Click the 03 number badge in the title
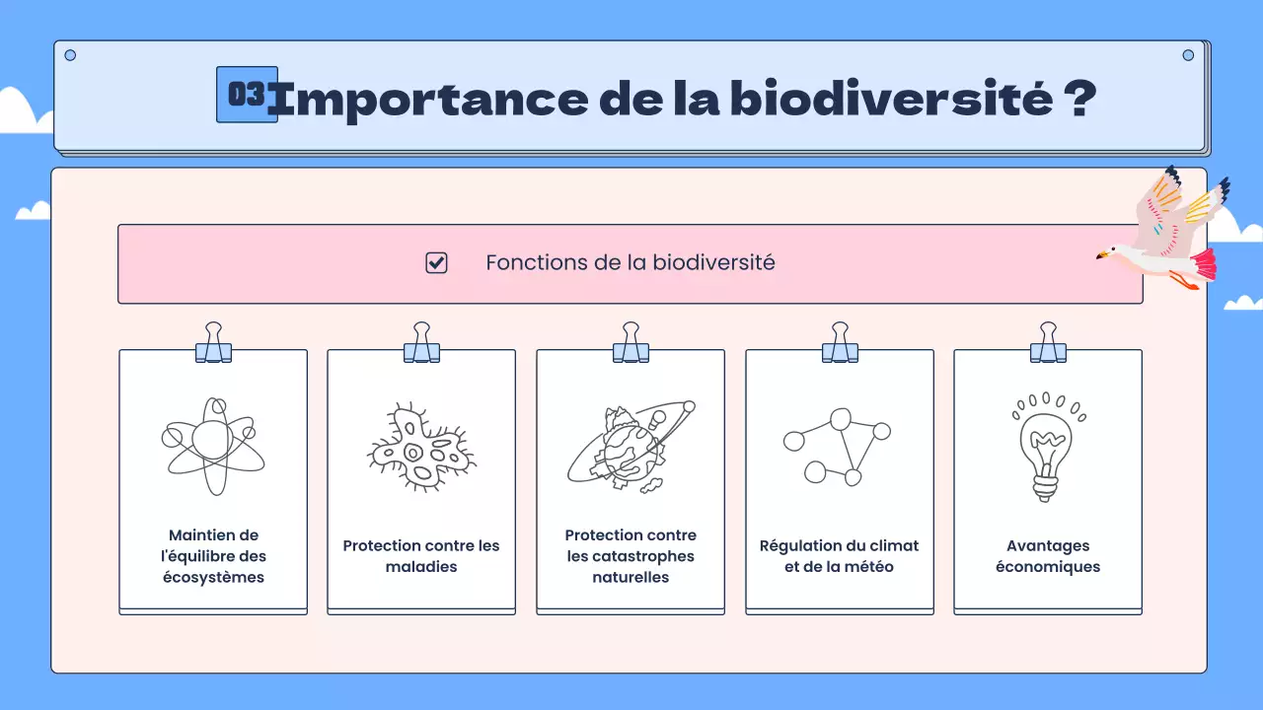(x=247, y=95)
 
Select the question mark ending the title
(x=1080, y=99)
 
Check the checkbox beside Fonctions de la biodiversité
(x=436, y=263)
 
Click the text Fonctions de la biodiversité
(x=630, y=263)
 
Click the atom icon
(x=213, y=446)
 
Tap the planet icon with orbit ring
(x=630, y=446)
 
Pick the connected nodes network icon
(x=838, y=446)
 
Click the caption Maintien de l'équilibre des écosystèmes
(x=213, y=556)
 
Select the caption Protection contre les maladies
(x=421, y=556)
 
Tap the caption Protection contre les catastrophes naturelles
(x=631, y=556)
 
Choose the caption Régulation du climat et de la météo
(x=839, y=556)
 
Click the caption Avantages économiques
(x=1047, y=556)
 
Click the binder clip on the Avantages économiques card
(x=1048, y=343)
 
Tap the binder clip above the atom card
(x=213, y=343)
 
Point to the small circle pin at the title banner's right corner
(x=1188, y=55)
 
